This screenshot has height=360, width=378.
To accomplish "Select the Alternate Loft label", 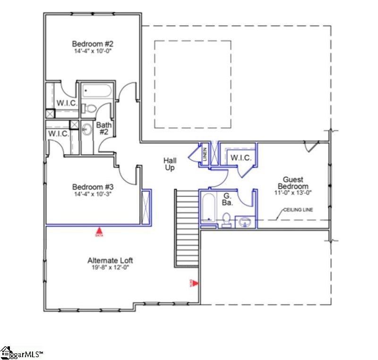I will [110, 260].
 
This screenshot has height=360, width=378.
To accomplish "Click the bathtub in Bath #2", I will [96, 92].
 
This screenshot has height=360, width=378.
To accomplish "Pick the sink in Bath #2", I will [87, 129].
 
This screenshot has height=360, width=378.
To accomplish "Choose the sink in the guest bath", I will [245, 221].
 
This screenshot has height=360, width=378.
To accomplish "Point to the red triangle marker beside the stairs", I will [194, 283].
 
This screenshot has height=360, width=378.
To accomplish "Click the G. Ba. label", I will [227, 198].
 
